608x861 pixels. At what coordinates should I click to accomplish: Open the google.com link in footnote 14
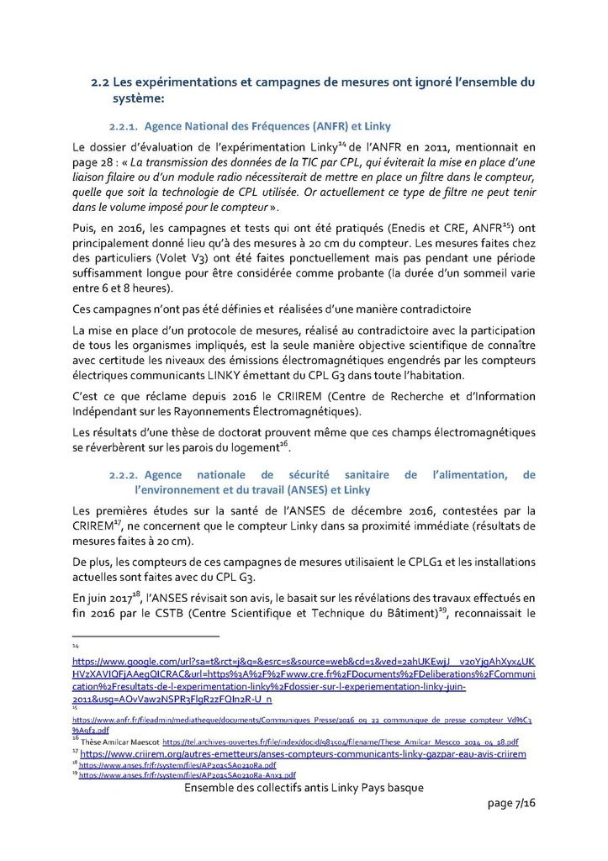pos(303,675)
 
